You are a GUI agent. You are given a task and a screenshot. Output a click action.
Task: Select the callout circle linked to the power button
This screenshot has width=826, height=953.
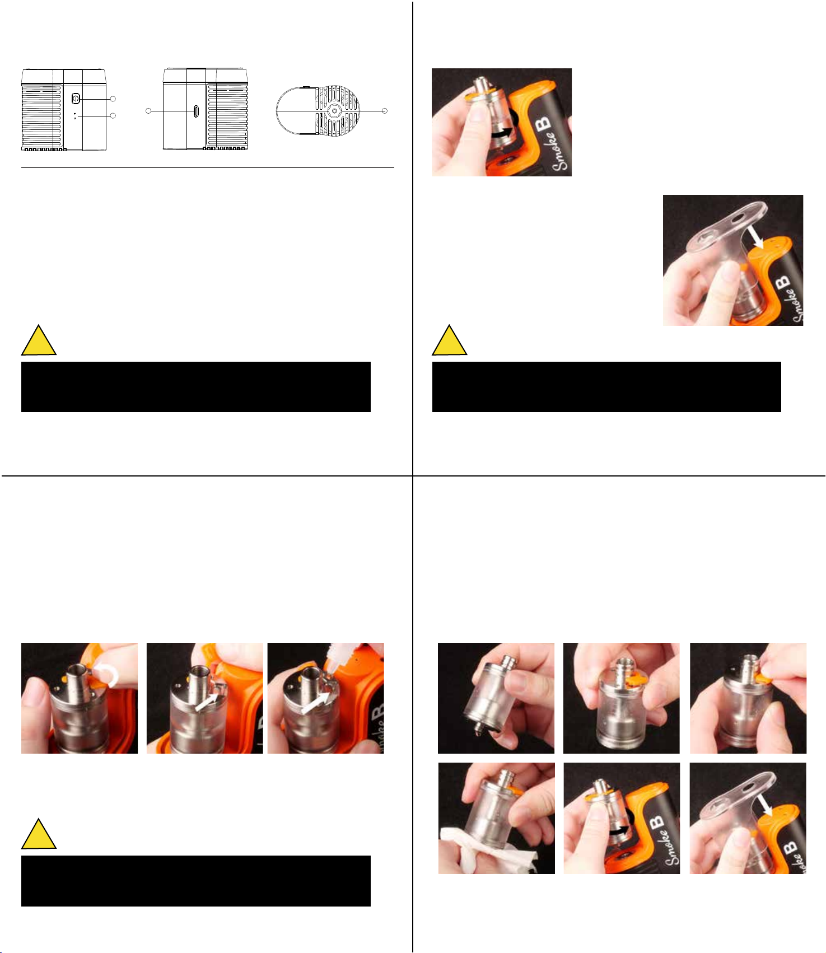(113, 99)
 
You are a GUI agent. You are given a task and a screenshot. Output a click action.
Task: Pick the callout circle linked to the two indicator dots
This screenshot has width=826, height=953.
(113, 116)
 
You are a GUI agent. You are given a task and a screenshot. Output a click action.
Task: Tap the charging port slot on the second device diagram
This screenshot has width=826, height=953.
(196, 111)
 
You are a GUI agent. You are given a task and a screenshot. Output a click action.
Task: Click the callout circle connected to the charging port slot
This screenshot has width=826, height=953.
(148, 111)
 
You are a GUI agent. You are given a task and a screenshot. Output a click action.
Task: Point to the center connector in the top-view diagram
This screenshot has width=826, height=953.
(334, 111)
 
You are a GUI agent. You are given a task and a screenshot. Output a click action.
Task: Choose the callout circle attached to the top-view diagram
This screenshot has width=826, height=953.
(385, 111)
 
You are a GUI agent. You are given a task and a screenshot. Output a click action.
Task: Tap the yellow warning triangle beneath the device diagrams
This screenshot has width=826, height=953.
(39, 340)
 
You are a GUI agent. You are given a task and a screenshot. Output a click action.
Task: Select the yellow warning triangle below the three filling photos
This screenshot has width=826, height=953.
(39, 834)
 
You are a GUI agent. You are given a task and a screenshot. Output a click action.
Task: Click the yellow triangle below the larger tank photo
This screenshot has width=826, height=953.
(450, 340)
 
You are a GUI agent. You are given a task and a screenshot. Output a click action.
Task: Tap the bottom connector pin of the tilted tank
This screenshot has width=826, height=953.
(477, 728)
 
